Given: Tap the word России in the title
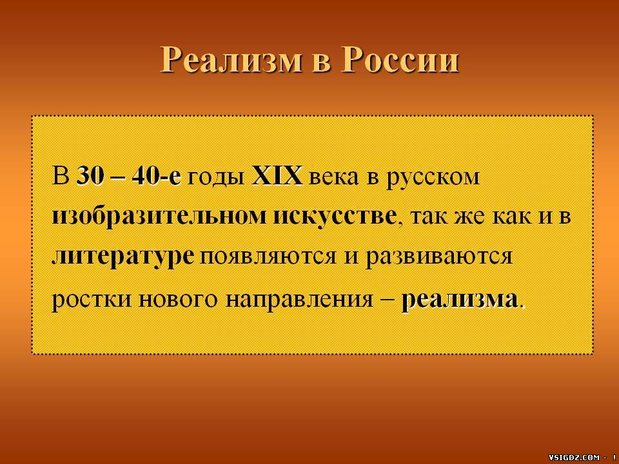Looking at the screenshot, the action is click(x=400, y=60).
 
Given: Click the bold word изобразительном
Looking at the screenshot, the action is click(x=159, y=217).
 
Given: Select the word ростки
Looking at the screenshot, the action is click(x=92, y=300).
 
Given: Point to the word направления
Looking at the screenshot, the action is click(x=300, y=300).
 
